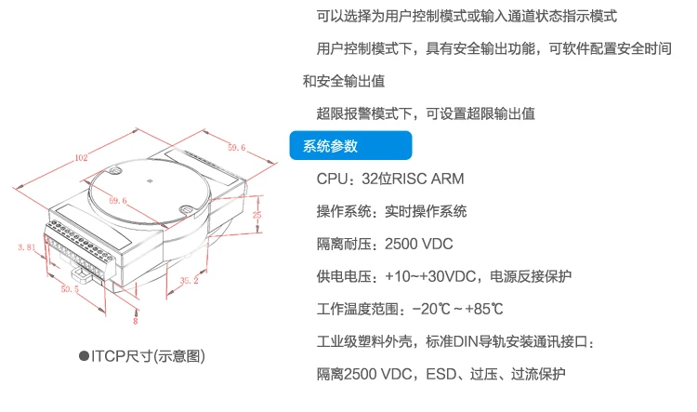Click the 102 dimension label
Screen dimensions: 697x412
pos(82,157)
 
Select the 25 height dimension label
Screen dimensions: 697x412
pos(256,215)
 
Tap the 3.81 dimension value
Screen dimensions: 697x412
pos(27,247)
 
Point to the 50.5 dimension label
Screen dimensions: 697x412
pos(70,288)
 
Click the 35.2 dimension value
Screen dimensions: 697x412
pos(189,280)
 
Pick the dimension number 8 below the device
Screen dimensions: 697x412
pos(136,321)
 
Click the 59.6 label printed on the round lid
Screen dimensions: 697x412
pos(118,201)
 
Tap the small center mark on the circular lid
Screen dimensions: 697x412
pos(150,180)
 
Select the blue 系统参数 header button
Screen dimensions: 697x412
pos(350,145)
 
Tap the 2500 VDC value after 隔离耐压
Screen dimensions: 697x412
pos(419,244)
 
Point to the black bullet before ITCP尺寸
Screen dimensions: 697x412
pos(84,356)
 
